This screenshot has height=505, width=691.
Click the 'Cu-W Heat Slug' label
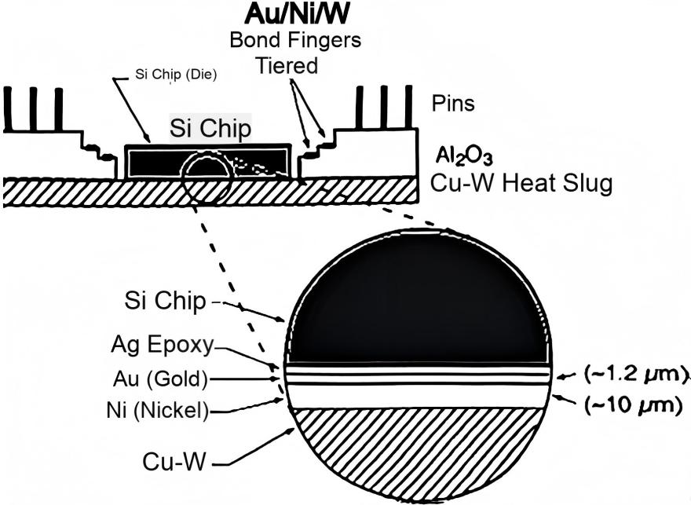point(522,184)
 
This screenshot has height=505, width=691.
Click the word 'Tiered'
point(287,66)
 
